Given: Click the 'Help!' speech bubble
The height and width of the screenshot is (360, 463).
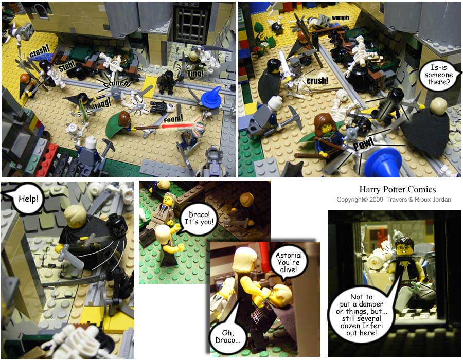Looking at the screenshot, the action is coord(28,199).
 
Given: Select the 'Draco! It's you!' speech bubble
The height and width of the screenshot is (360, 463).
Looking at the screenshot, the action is coord(199,219).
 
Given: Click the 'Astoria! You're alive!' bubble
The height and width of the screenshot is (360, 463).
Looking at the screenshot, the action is coord(289,262).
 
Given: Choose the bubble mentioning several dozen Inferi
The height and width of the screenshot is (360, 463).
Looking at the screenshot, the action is coord(362,315).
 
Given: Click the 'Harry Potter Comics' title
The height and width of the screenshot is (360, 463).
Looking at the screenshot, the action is coord(398,189).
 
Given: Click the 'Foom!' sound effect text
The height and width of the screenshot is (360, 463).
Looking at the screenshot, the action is coord(173,119).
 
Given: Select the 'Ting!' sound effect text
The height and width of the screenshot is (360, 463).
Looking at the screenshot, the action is coord(195,74).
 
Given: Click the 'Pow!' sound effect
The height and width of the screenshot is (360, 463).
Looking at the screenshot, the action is coord(363,144).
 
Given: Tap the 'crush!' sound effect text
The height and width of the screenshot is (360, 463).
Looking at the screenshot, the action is coord(317,81).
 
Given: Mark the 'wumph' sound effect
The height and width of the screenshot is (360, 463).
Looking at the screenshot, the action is coord(341,18).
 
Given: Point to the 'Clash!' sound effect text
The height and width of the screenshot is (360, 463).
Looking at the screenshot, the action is coord(39,50).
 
